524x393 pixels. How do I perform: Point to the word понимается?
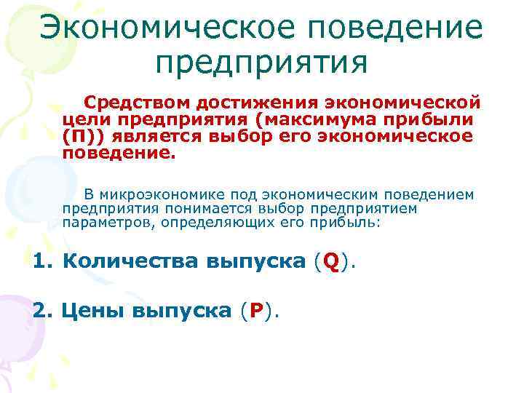(192, 208)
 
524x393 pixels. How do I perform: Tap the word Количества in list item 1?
(130, 262)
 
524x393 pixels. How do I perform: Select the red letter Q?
(331, 262)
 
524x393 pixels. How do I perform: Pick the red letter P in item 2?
(255, 311)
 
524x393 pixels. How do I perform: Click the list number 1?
(41, 262)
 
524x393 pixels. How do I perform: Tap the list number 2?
(41, 311)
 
